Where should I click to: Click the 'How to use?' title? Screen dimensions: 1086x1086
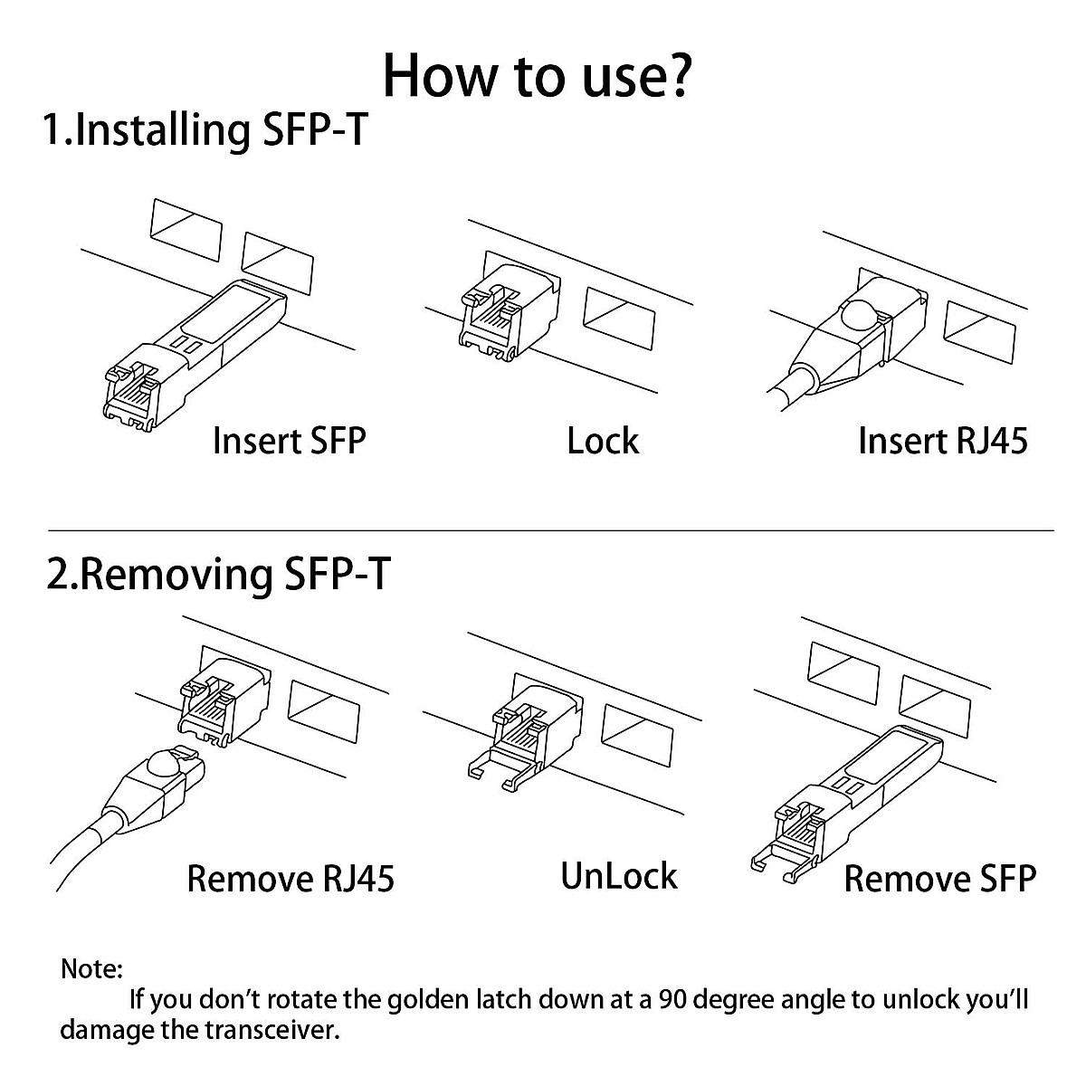click(538, 76)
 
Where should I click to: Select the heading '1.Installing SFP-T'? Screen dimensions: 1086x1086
click(206, 129)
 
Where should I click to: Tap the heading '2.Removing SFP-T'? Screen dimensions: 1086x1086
click(219, 575)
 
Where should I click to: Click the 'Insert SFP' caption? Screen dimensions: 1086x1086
click(289, 442)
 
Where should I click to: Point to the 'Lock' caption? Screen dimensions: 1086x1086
click(603, 442)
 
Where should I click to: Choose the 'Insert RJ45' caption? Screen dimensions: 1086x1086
click(942, 442)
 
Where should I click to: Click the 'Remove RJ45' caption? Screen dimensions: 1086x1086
click(291, 879)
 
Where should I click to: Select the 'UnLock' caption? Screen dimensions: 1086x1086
click(619, 876)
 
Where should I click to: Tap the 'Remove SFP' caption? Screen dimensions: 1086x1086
click(939, 879)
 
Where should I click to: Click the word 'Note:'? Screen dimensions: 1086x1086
click(91, 969)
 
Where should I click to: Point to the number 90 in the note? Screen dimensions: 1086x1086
click(675, 1000)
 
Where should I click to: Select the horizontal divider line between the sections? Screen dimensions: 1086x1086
click(550, 529)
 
